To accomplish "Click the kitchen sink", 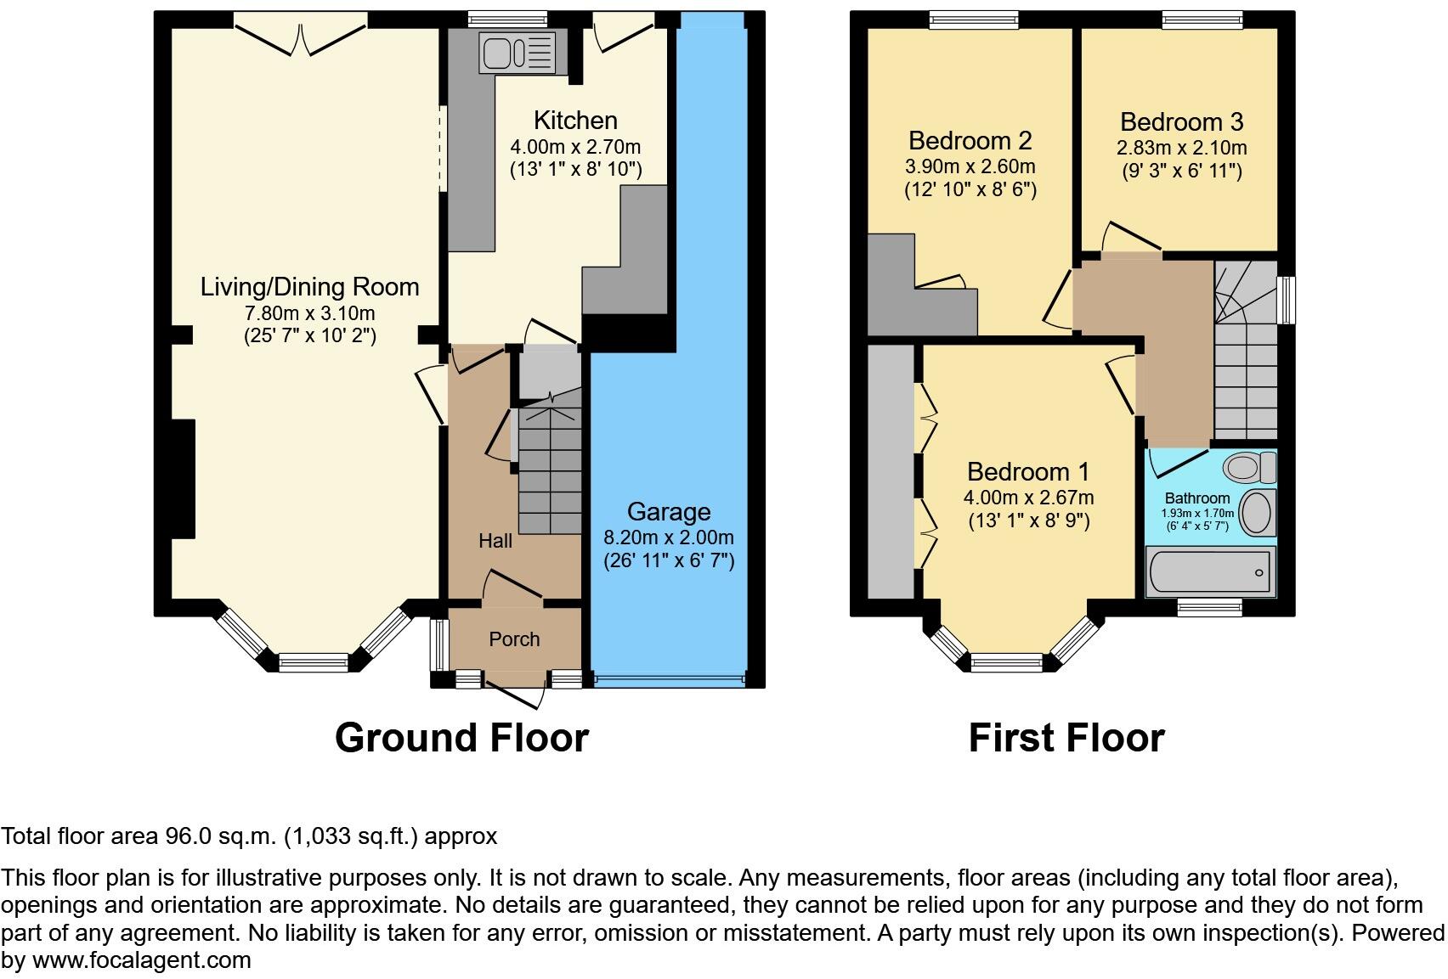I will pos(516,52).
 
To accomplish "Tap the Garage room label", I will pos(668,512).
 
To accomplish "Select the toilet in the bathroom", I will pos(1249,467).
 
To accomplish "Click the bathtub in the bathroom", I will pos(1208,572).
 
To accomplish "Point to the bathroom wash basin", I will pos(1256,512).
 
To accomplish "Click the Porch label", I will pos(514,639).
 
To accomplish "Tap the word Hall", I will pos(495,541).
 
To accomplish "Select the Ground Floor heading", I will pos(461,737).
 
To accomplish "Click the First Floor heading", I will pos(1066,737).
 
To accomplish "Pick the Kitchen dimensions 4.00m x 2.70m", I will pos(575,147).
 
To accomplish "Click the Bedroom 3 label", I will pos(1181,122).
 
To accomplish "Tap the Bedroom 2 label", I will pos(970,140).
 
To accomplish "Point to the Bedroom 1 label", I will pos(1028,472).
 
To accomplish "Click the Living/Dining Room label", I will pos(309,287).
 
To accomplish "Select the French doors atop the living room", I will pos(300,34).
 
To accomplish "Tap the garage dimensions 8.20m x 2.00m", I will pos(668,537).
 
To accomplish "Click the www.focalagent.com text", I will pos(141,960).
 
